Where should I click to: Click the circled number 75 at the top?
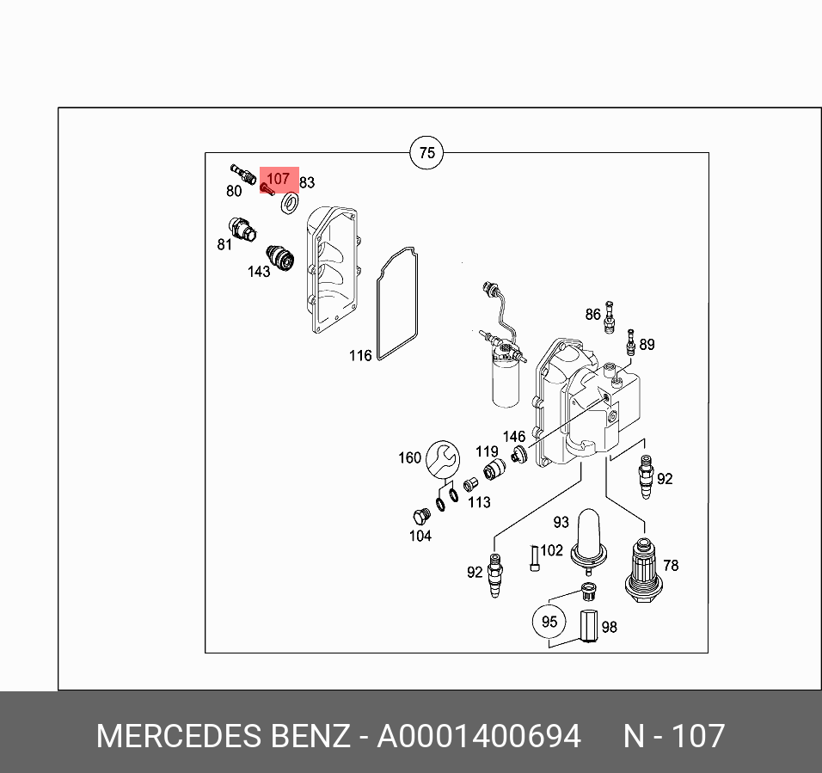point(426,154)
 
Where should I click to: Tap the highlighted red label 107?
point(279,180)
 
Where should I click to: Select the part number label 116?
point(360,355)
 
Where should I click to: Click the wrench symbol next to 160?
point(443,458)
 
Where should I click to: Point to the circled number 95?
point(549,621)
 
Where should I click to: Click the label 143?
point(259,272)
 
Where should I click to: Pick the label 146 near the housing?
point(513,437)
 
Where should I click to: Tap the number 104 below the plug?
point(420,536)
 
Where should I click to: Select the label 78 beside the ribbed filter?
point(671,565)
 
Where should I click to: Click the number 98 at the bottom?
point(609,627)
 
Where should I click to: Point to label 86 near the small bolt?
point(592,315)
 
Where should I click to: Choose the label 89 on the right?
point(647,344)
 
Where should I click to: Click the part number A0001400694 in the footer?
point(479,737)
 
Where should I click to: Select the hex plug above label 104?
point(419,518)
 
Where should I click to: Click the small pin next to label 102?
point(534,557)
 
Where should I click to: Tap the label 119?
point(487,451)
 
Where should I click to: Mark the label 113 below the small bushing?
point(479,502)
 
